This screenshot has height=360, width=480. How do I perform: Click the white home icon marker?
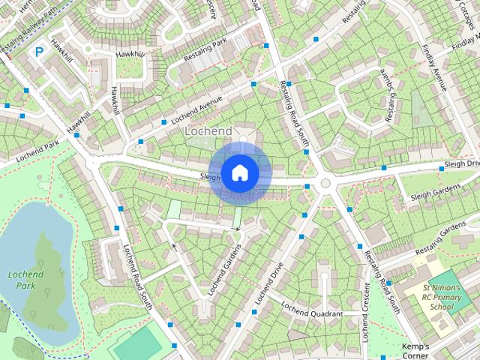239,172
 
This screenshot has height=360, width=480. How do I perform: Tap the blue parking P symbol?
39,52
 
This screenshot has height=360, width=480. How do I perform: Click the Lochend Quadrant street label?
313,313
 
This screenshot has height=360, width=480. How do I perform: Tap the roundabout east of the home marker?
325,184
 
